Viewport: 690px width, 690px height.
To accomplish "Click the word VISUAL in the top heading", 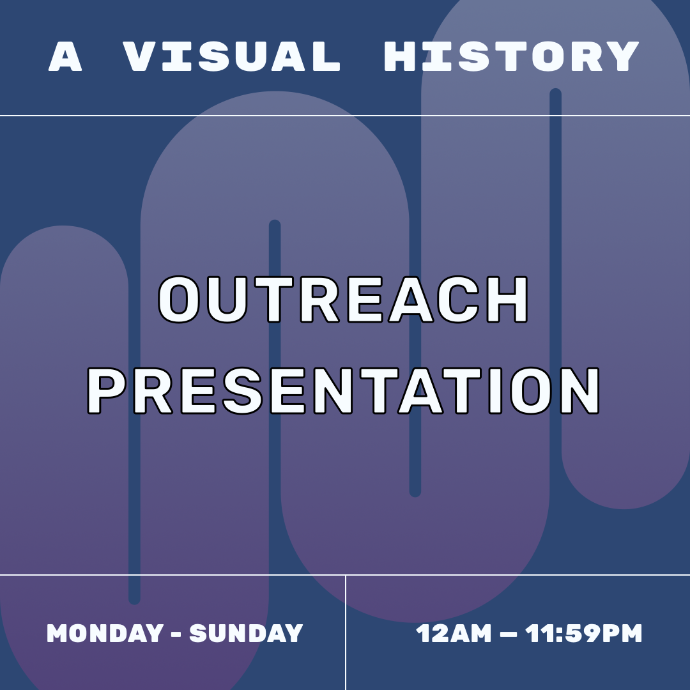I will point(231,57).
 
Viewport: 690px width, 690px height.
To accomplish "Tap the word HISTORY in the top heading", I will point(511,57).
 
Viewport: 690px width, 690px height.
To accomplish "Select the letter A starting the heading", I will point(66,57).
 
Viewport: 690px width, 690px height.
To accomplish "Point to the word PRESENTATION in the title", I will point(344,392).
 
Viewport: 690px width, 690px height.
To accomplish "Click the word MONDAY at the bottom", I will point(105,633).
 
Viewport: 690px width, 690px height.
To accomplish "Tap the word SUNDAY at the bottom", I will point(246,633).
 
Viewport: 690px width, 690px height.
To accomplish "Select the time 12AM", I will point(454,634).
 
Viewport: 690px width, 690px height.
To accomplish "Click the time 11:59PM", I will point(583,634).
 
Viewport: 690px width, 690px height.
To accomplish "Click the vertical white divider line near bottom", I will point(346,632).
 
